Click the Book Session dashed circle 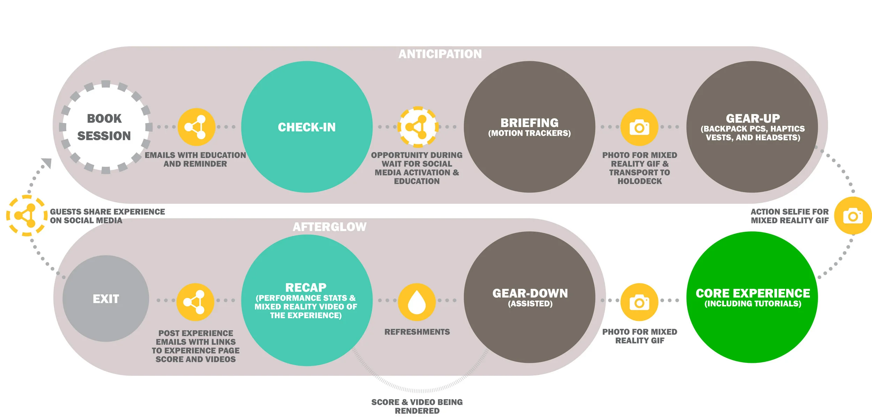click(106, 127)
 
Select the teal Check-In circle click(307, 127)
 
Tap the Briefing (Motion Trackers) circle click(529, 127)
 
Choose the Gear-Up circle click(752, 127)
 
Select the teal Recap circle click(307, 300)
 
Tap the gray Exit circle click(106, 299)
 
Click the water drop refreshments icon click(417, 302)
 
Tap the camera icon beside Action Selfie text click(853, 216)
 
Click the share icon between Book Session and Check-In click(196, 127)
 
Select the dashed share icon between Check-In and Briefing click(418, 127)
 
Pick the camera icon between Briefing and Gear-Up click(639, 127)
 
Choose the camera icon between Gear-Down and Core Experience click(639, 302)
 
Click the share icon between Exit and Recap click(195, 302)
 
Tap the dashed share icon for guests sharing click(27, 216)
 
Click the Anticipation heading click(440, 54)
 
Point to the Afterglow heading click(330, 227)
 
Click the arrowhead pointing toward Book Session click(47, 163)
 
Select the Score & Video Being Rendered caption click(417, 406)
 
